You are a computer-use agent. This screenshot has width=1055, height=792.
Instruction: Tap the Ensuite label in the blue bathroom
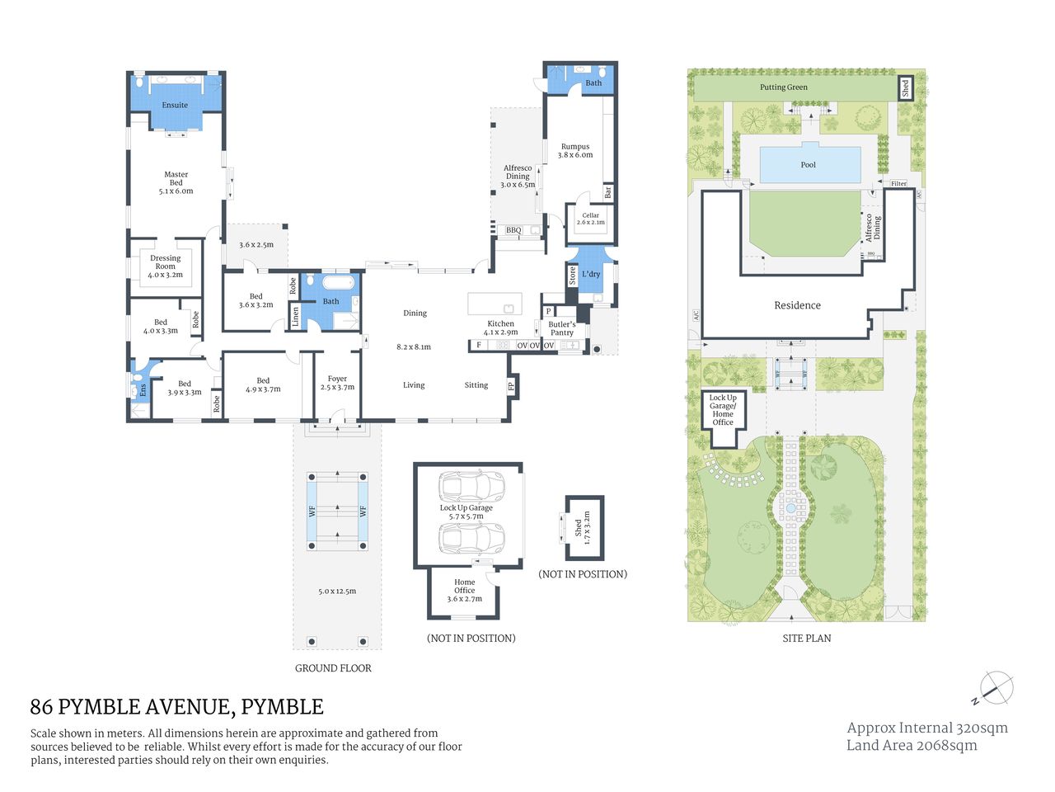click(175, 106)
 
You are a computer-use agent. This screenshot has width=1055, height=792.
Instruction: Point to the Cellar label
click(590, 216)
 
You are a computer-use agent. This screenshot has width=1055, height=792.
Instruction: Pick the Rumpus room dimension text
click(575, 155)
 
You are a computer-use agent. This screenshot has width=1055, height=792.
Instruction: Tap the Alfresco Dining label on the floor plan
click(518, 172)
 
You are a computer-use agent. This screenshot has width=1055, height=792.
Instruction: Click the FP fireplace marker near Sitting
click(511, 386)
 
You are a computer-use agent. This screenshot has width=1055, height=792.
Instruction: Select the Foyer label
click(337, 379)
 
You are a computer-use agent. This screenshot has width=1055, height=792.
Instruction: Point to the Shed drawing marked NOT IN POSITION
click(584, 528)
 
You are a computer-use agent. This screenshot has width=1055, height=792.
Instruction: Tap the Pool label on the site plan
click(808, 165)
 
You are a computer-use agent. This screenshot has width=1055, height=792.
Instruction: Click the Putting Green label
click(783, 87)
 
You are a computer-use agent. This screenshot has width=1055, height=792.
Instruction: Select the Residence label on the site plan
click(797, 305)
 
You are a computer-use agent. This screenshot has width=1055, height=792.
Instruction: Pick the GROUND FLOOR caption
click(333, 668)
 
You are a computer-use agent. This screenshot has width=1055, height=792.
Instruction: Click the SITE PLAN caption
click(806, 639)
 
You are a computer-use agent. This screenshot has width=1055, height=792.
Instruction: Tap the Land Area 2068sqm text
click(912, 746)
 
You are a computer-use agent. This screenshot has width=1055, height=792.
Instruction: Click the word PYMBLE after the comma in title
click(282, 707)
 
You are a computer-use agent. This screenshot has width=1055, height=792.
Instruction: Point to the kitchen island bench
click(495, 304)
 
